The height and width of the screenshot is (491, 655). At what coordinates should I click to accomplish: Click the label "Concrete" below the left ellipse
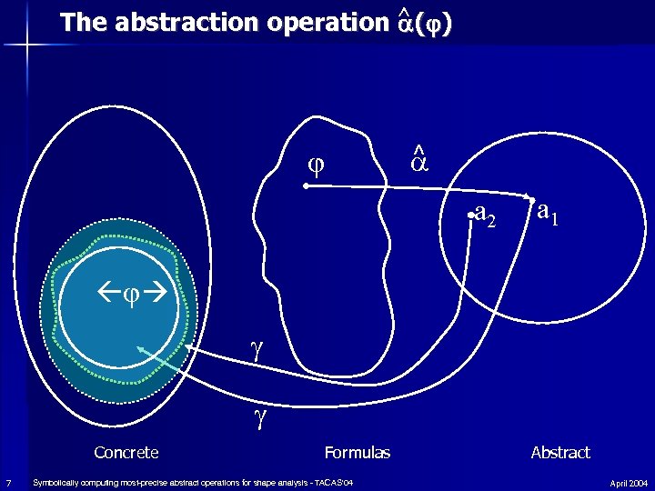tap(126, 452)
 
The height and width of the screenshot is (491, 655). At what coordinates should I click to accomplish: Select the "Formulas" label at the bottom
tap(357, 452)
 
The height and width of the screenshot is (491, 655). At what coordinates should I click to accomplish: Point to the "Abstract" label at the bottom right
tap(560, 452)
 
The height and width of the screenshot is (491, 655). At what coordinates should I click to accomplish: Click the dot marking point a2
tap(471, 215)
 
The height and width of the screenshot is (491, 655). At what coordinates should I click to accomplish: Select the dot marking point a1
tap(529, 197)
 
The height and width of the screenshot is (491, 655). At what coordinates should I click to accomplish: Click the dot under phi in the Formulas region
tap(306, 185)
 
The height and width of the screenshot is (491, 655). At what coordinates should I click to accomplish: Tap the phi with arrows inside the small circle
tap(127, 295)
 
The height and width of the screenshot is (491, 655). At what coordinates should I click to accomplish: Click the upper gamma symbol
tap(257, 350)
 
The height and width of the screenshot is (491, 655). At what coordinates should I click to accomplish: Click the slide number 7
tap(7, 482)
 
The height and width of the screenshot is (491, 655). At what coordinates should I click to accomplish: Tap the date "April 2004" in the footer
tap(629, 482)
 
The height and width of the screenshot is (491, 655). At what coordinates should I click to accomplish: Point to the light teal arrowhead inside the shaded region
tap(140, 350)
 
